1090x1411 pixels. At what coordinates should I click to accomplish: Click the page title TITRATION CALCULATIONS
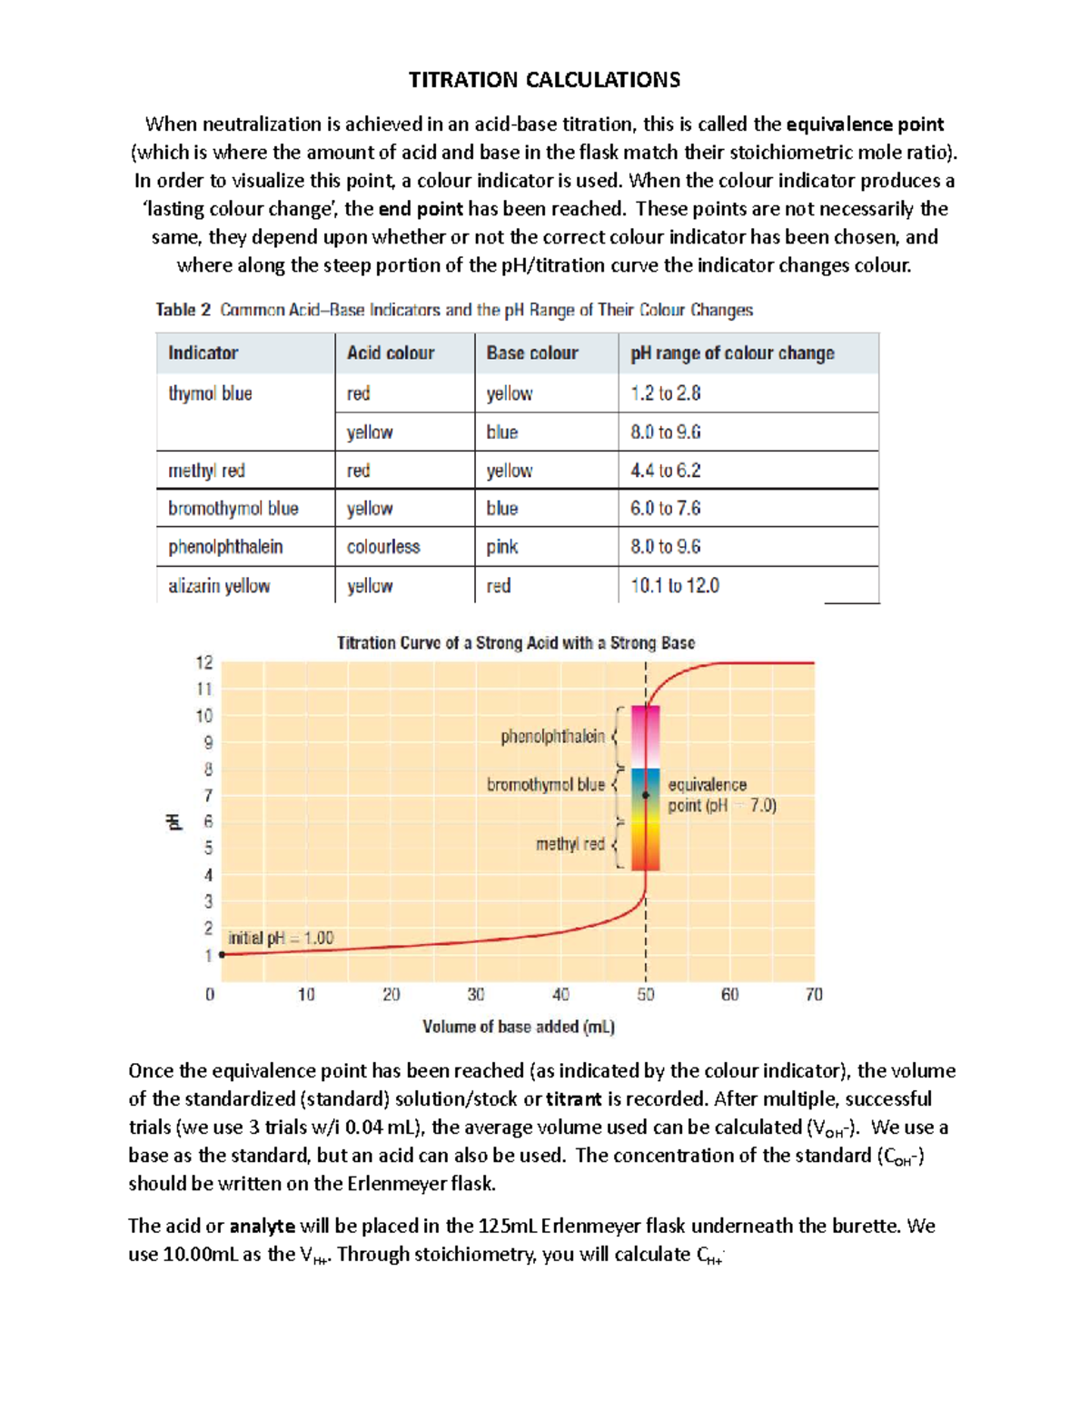tap(544, 80)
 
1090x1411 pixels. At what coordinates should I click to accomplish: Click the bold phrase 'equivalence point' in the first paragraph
tap(865, 124)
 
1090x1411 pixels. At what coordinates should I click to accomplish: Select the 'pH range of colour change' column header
tap(732, 353)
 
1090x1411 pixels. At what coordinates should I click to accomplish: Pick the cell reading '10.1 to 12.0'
tap(675, 586)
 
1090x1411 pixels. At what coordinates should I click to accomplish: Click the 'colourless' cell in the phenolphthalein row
tap(383, 547)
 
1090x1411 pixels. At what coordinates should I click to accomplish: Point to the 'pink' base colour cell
tap(501, 547)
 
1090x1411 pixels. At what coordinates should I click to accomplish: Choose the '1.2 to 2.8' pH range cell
tap(666, 393)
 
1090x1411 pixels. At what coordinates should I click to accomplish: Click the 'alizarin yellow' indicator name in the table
tap(219, 586)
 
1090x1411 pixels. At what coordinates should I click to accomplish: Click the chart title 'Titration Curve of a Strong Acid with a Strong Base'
tap(516, 643)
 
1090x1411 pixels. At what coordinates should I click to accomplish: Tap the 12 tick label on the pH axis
tap(204, 662)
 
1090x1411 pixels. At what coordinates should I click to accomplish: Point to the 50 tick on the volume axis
tap(645, 995)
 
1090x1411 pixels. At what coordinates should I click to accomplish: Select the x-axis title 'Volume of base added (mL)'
tap(519, 1027)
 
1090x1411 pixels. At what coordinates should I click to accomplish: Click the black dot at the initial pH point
tap(222, 955)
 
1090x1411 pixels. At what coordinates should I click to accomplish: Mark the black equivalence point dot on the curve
tap(646, 795)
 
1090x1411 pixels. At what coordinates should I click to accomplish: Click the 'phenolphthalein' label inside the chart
tap(552, 737)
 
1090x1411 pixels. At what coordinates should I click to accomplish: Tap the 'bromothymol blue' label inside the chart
tap(545, 784)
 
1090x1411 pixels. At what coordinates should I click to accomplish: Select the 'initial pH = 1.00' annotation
tap(281, 938)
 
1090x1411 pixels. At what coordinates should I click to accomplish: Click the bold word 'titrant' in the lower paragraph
tap(573, 1099)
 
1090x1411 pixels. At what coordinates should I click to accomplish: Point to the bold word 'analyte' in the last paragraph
tap(262, 1227)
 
